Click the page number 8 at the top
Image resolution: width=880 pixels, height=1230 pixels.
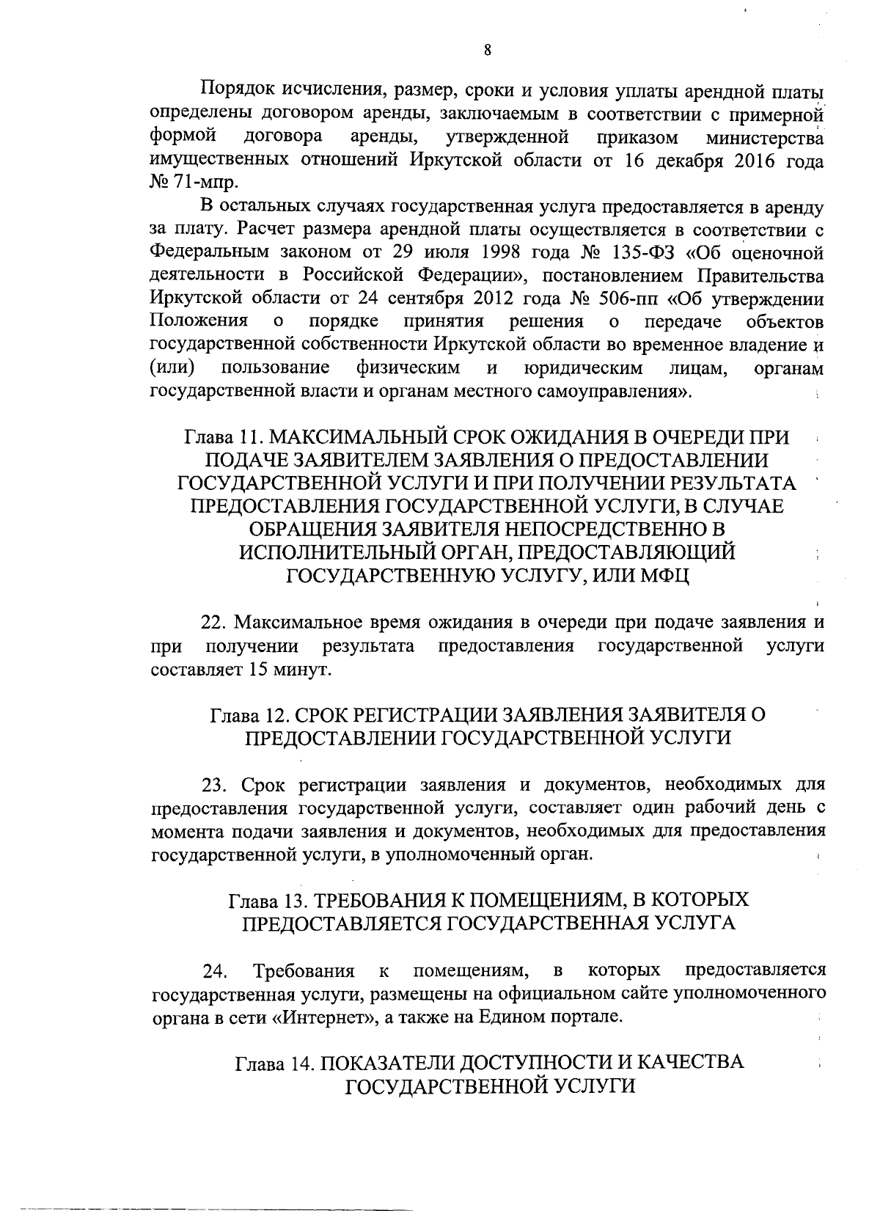487,50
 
